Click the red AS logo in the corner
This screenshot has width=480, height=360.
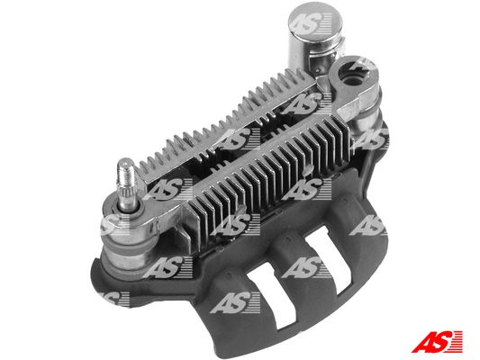pyautogui.click(x=437, y=342)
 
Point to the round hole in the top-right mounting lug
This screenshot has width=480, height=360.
pyautogui.click(x=353, y=81)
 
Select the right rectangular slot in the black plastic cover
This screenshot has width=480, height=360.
pyautogui.click(x=329, y=261)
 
